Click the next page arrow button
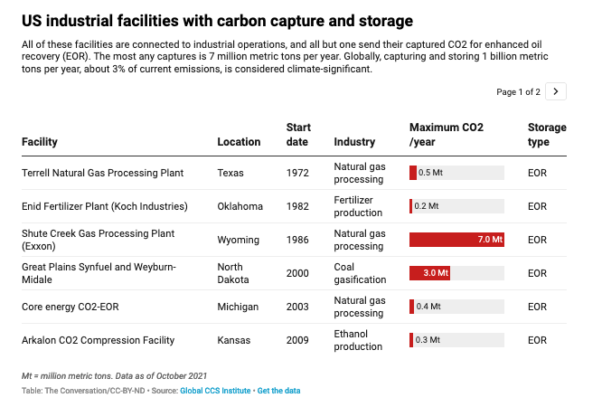pos(557,91)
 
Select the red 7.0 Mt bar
pos(456,240)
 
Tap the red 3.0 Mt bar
pos(429,273)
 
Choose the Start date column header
pos(298,134)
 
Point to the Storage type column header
pos(546,134)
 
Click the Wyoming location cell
pos(239,240)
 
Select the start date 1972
pos(298,173)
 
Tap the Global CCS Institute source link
pos(217,391)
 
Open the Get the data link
pos(278,391)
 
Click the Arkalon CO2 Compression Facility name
pos(98,340)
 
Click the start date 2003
pos(298,307)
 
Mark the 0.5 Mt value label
pos(431,173)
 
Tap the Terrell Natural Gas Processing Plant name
pos(108,173)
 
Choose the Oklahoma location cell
pos(240,206)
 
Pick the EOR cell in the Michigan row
pos(537,307)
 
